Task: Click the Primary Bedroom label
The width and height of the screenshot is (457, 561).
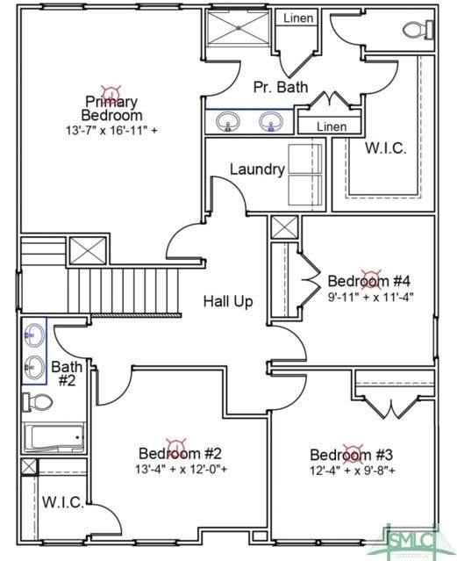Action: pos(111,108)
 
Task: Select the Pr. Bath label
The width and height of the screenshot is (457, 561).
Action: pos(281,87)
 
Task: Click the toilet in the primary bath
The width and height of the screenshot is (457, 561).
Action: pos(418,30)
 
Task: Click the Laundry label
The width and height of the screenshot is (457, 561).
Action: pos(257,169)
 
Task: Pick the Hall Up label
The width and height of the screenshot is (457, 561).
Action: pos(228,301)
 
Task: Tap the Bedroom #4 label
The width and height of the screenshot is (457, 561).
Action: pos(369,281)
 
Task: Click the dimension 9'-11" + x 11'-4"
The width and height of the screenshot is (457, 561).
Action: pos(370,297)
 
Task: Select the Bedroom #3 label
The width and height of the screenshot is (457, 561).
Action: pos(351,455)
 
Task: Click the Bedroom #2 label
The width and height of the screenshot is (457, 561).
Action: pos(180,453)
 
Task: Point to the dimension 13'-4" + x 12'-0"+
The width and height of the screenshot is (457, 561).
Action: pos(181,469)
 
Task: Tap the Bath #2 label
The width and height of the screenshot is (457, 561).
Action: pos(67,373)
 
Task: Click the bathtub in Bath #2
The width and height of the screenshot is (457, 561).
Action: pos(54,437)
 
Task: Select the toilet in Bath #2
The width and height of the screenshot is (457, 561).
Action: pos(38,402)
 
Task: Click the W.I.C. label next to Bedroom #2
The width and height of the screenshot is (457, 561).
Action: pos(63,502)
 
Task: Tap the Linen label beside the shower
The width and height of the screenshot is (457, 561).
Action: pos(298,18)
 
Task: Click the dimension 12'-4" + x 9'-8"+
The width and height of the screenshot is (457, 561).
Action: pos(353,470)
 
